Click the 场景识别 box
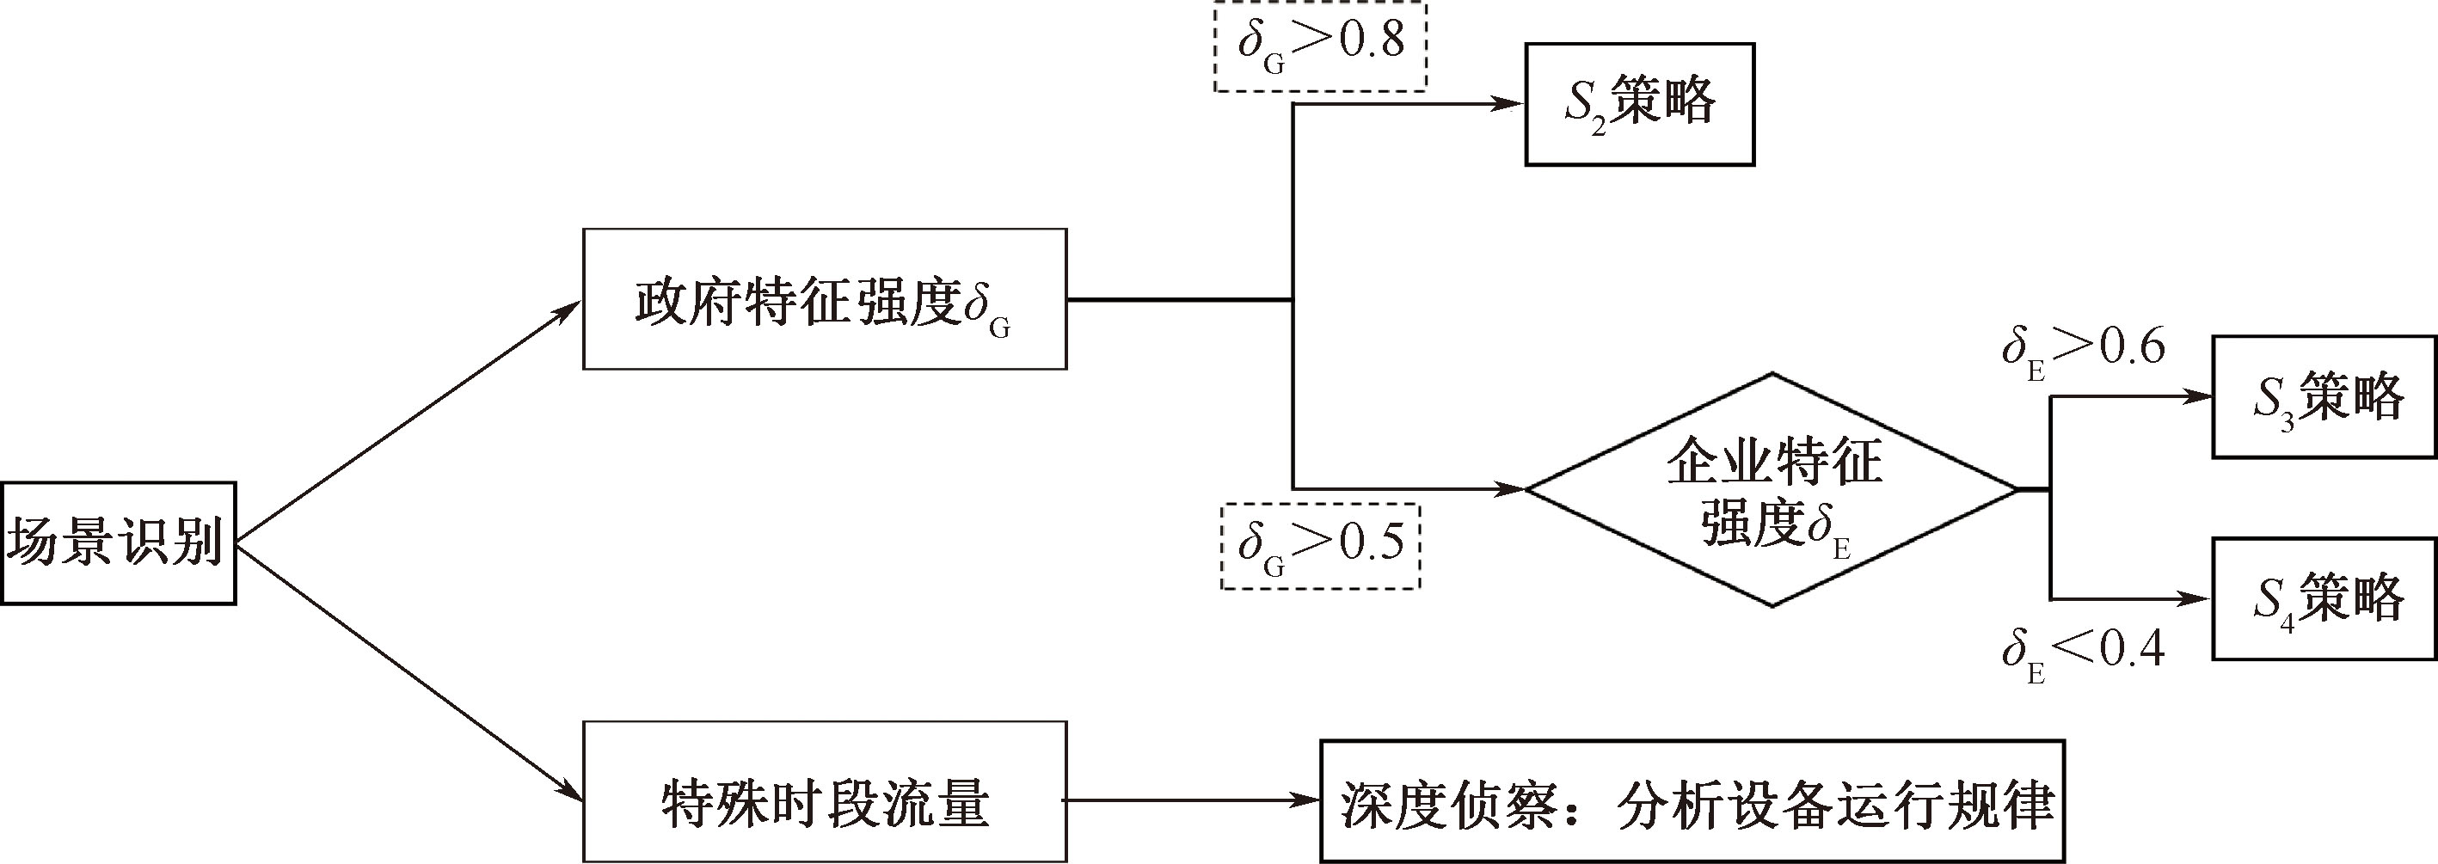pos(117,543)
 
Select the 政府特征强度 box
pos(825,299)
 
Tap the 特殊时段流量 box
pos(825,791)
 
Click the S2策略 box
pos(1639,104)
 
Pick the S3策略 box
pos(2324,397)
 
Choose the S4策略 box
pos(2324,599)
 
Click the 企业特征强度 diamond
pos(1772,490)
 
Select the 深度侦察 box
pos(1692,800)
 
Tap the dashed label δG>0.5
pos(1320,546)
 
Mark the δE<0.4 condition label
pos(2082,653)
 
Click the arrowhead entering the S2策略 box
pos(1509,104)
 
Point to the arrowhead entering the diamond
pos(1512,489)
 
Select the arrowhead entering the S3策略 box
pos(2197,397)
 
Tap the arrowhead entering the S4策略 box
pos(2197,599)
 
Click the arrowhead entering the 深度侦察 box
pos(1306,800)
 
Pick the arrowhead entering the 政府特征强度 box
pos(568,309)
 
